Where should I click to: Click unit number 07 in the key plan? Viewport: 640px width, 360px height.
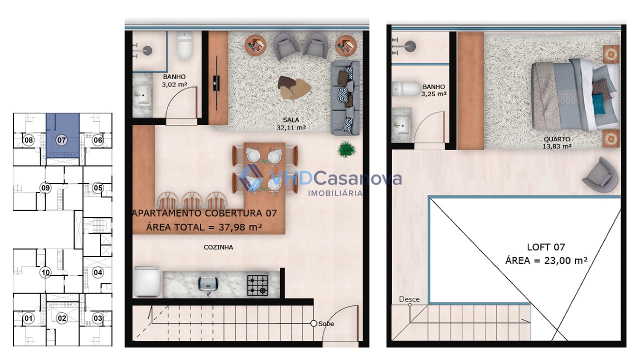tap(61, 140)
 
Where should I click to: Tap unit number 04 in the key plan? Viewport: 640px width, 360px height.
tap(97, 272)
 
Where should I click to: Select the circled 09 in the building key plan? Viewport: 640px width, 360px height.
tap(45, 188)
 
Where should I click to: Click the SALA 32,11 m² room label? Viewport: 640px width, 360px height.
tap(291, 123)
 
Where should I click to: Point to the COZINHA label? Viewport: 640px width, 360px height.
tap(218, 247)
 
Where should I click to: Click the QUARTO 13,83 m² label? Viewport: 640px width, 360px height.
tap(557, 142)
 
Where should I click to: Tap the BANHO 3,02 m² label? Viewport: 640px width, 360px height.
tap(174, 80)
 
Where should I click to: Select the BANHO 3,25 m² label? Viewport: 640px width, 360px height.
tap(433, 90)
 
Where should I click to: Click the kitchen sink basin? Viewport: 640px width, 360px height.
tap(208, 283)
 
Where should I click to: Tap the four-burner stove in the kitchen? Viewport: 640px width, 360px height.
tap(257, 284)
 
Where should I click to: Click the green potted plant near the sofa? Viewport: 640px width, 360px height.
tap(346, 149)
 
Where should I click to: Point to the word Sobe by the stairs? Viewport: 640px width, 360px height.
tap(326, 323)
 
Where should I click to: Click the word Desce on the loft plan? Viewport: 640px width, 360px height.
tap(409, 299)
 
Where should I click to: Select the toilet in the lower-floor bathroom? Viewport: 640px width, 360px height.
tap(184, 45)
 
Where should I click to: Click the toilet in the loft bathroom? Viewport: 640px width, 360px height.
tap(406, 89)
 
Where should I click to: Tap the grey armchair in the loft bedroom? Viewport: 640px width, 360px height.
tap(600, 174)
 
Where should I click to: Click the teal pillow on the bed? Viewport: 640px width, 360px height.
tap(598, 104)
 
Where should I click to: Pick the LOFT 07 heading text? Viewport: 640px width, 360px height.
tap(546, 247)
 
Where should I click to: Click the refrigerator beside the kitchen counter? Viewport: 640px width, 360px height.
tap(146, 282)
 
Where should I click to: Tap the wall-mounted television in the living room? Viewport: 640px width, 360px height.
tap(217, 83)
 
